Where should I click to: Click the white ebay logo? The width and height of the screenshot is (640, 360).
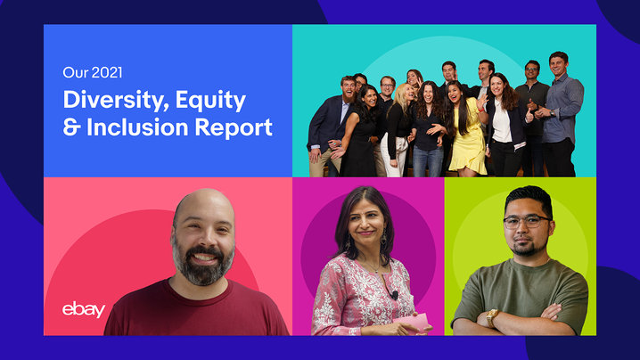[x=84, y=310]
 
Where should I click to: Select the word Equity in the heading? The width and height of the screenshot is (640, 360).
[x=210, y=101]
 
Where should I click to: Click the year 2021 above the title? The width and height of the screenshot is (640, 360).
[x=107, y=73]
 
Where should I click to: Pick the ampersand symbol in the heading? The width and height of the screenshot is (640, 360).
[x=71, y=127]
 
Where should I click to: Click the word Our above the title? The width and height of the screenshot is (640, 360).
[x=76, y=73]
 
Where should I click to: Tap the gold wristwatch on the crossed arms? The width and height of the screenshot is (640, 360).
[x=492, y=317]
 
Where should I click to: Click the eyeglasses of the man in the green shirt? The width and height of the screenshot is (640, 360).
[x=527, y=222]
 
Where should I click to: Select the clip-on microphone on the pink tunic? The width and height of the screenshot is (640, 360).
[x=394, y=294]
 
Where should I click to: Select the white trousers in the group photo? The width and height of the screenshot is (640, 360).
[x=393, y=156]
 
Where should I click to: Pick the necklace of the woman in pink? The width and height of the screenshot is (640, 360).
[x=372, y=266]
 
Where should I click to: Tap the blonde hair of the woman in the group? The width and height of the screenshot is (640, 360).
[x=401, y=98]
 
